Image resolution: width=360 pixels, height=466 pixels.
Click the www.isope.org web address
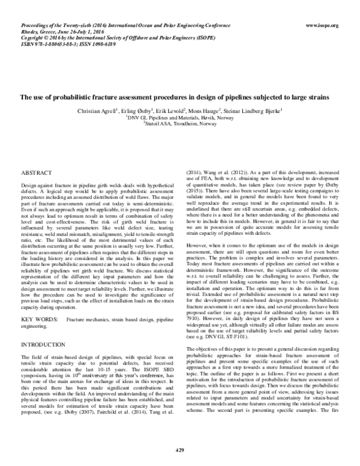point(322,25)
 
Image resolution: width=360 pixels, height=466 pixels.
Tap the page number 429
point(179,451)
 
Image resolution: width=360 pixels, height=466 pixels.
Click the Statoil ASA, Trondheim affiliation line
point(179,124)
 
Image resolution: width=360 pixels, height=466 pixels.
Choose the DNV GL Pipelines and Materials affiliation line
point(179,118)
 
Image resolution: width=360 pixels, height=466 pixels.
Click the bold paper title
point(179,97)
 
